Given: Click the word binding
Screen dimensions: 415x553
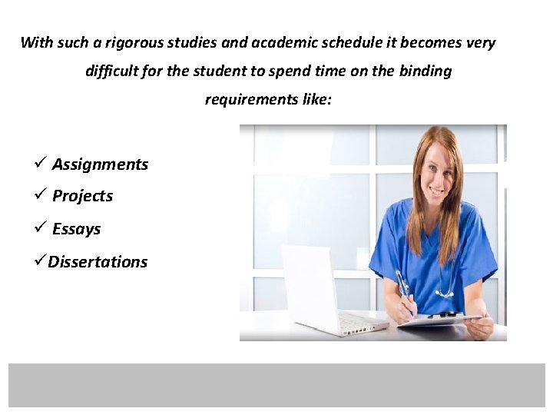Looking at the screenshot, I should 425,71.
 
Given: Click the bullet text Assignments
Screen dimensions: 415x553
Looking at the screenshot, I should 100,164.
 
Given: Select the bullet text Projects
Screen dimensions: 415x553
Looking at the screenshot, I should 82,197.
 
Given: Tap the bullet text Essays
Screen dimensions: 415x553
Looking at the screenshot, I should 76,229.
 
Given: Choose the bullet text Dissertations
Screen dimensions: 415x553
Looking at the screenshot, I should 98,262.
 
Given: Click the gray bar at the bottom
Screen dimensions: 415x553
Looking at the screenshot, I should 276,385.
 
